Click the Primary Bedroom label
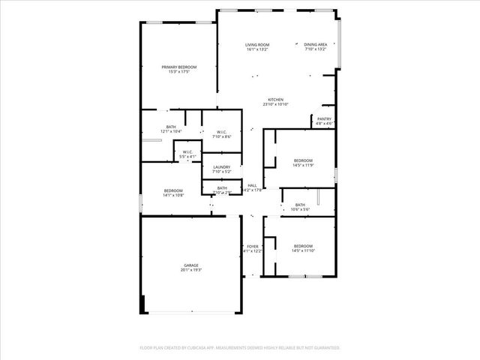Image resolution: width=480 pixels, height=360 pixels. tap(179, 67)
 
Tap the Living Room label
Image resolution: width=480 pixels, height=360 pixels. tap(257, 45)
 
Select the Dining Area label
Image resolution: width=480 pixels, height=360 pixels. tap(315, 45)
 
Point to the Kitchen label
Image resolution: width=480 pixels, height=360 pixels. tap(276, 100)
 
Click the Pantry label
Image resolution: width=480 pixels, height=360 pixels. tap(324, 118)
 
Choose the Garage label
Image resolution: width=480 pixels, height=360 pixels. tap(191, 265)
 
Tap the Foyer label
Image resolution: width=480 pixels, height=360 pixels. tap(253, 246)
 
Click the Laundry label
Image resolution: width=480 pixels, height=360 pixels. tap(221, 166)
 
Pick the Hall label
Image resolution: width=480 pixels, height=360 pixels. tap(252, 185)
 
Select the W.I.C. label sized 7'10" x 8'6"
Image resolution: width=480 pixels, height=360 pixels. tap(221, 132)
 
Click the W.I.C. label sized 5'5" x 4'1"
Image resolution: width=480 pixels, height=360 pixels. tap(187, 152)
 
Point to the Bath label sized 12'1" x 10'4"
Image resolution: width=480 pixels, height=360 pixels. tap(171, 127)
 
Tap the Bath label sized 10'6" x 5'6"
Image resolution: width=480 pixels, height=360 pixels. tap(300, 205)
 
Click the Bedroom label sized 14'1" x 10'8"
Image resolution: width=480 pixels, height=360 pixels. tap(173, 190)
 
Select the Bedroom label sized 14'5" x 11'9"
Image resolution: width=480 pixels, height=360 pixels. tap(303, 160)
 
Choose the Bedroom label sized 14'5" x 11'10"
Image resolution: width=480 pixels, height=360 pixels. tap(303, 246)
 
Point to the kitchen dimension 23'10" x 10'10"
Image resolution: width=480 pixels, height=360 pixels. tap(276, 104)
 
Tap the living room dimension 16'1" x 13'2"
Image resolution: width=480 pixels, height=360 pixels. tap(257, 49)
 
